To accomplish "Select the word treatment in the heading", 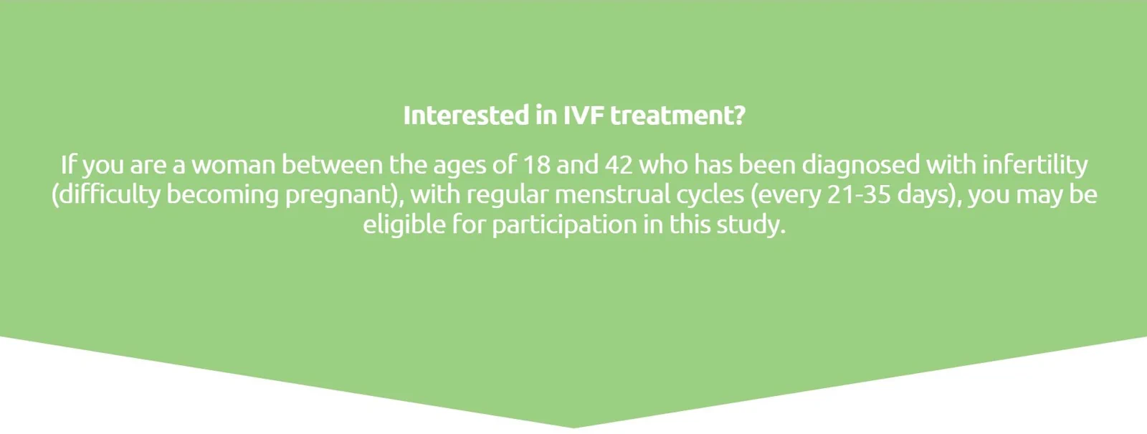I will [677, 115].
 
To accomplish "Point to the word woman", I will [234, 165].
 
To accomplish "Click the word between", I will [332, 165].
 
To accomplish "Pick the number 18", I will [536, 165].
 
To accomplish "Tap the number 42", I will [619, 165].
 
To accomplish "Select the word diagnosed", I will [860, 165].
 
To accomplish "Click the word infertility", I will [1035, 165].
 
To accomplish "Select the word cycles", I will [710, 195].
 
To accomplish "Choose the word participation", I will [564, 225].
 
